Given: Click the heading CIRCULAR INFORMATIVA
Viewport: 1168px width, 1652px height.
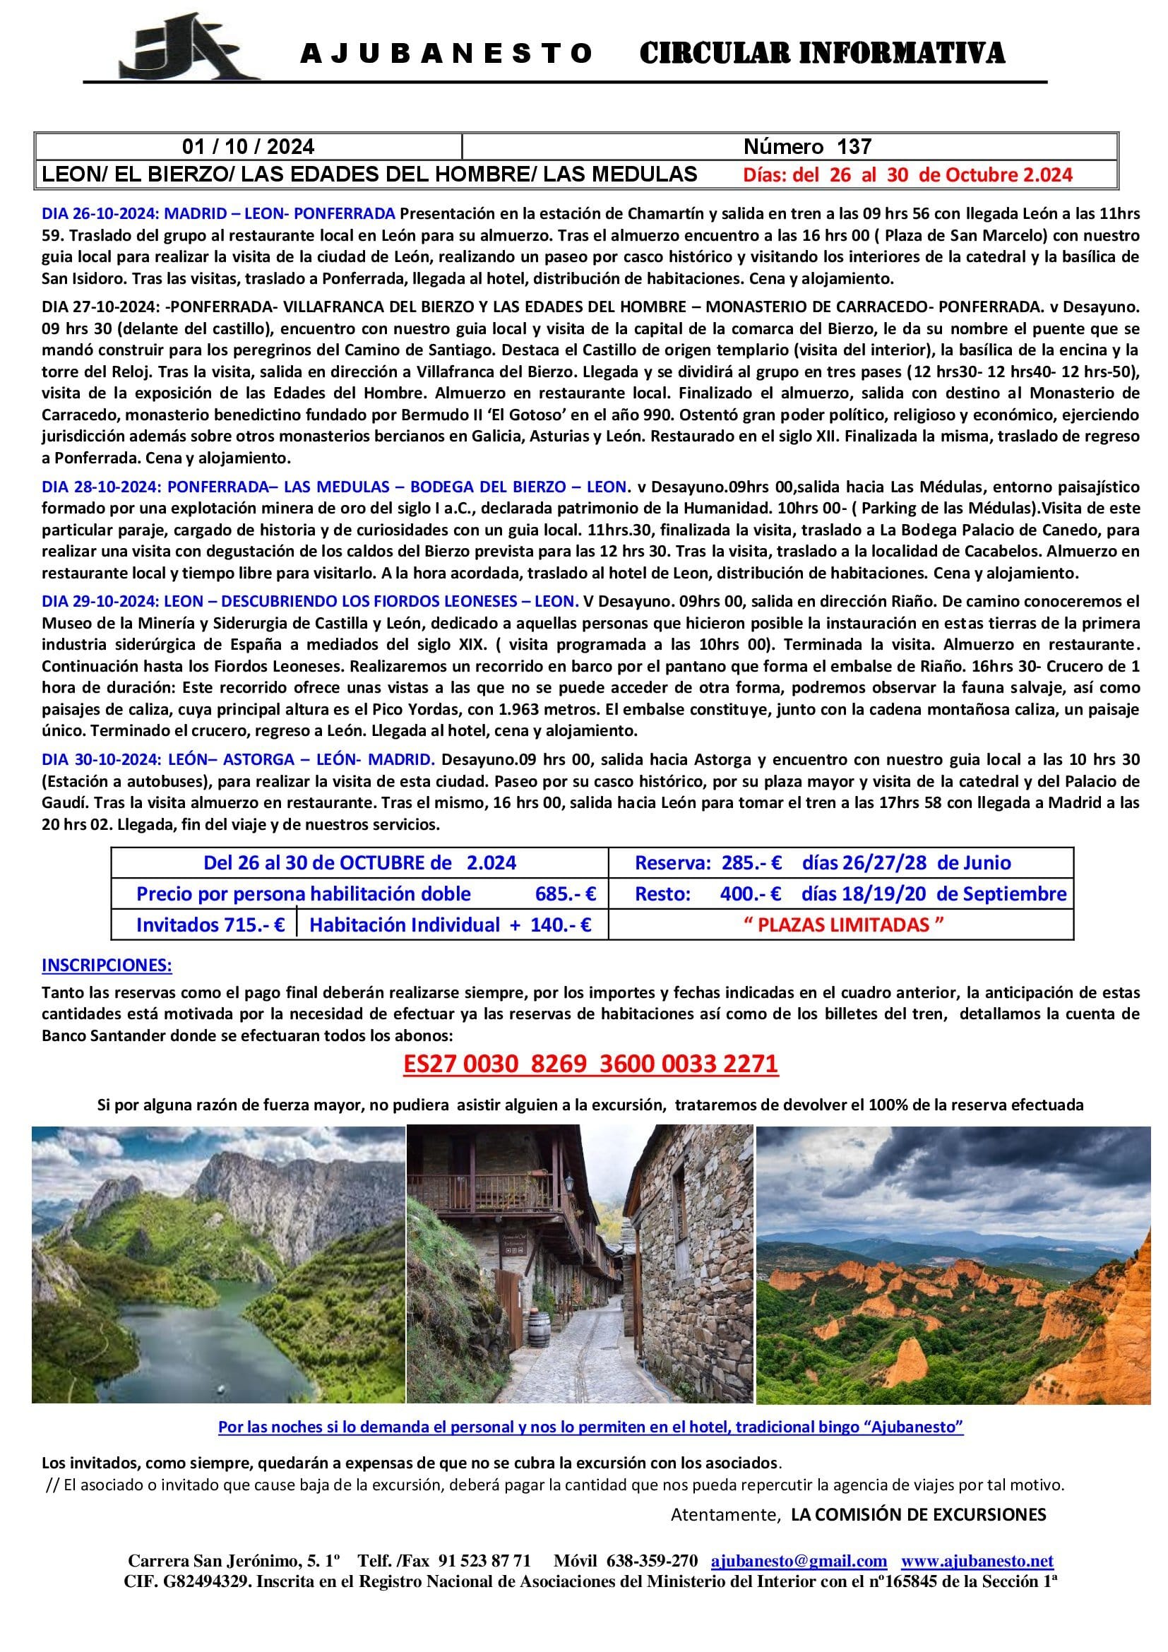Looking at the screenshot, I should [x=821, y=53].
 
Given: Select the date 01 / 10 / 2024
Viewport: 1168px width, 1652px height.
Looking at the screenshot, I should [x=248, y=147].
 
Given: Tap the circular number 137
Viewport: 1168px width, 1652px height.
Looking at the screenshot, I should [x=853, y=147].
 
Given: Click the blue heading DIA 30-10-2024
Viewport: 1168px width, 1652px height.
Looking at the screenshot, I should [x=238, y=760].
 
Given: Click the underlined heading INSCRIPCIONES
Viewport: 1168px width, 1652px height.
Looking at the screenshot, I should [x=107, y=965].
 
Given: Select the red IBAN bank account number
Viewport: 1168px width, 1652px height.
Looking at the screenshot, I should [x=590, y=1064].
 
